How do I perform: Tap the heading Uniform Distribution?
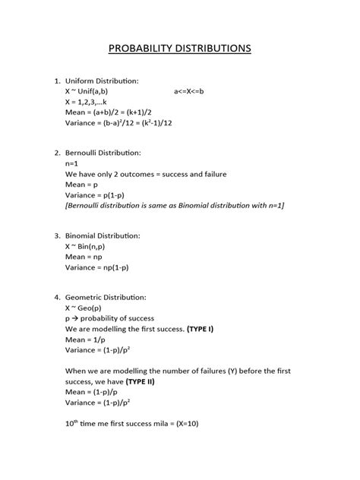point(102,81)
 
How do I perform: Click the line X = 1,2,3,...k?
point(93,102)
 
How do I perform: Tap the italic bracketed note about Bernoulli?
point(174,205)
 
